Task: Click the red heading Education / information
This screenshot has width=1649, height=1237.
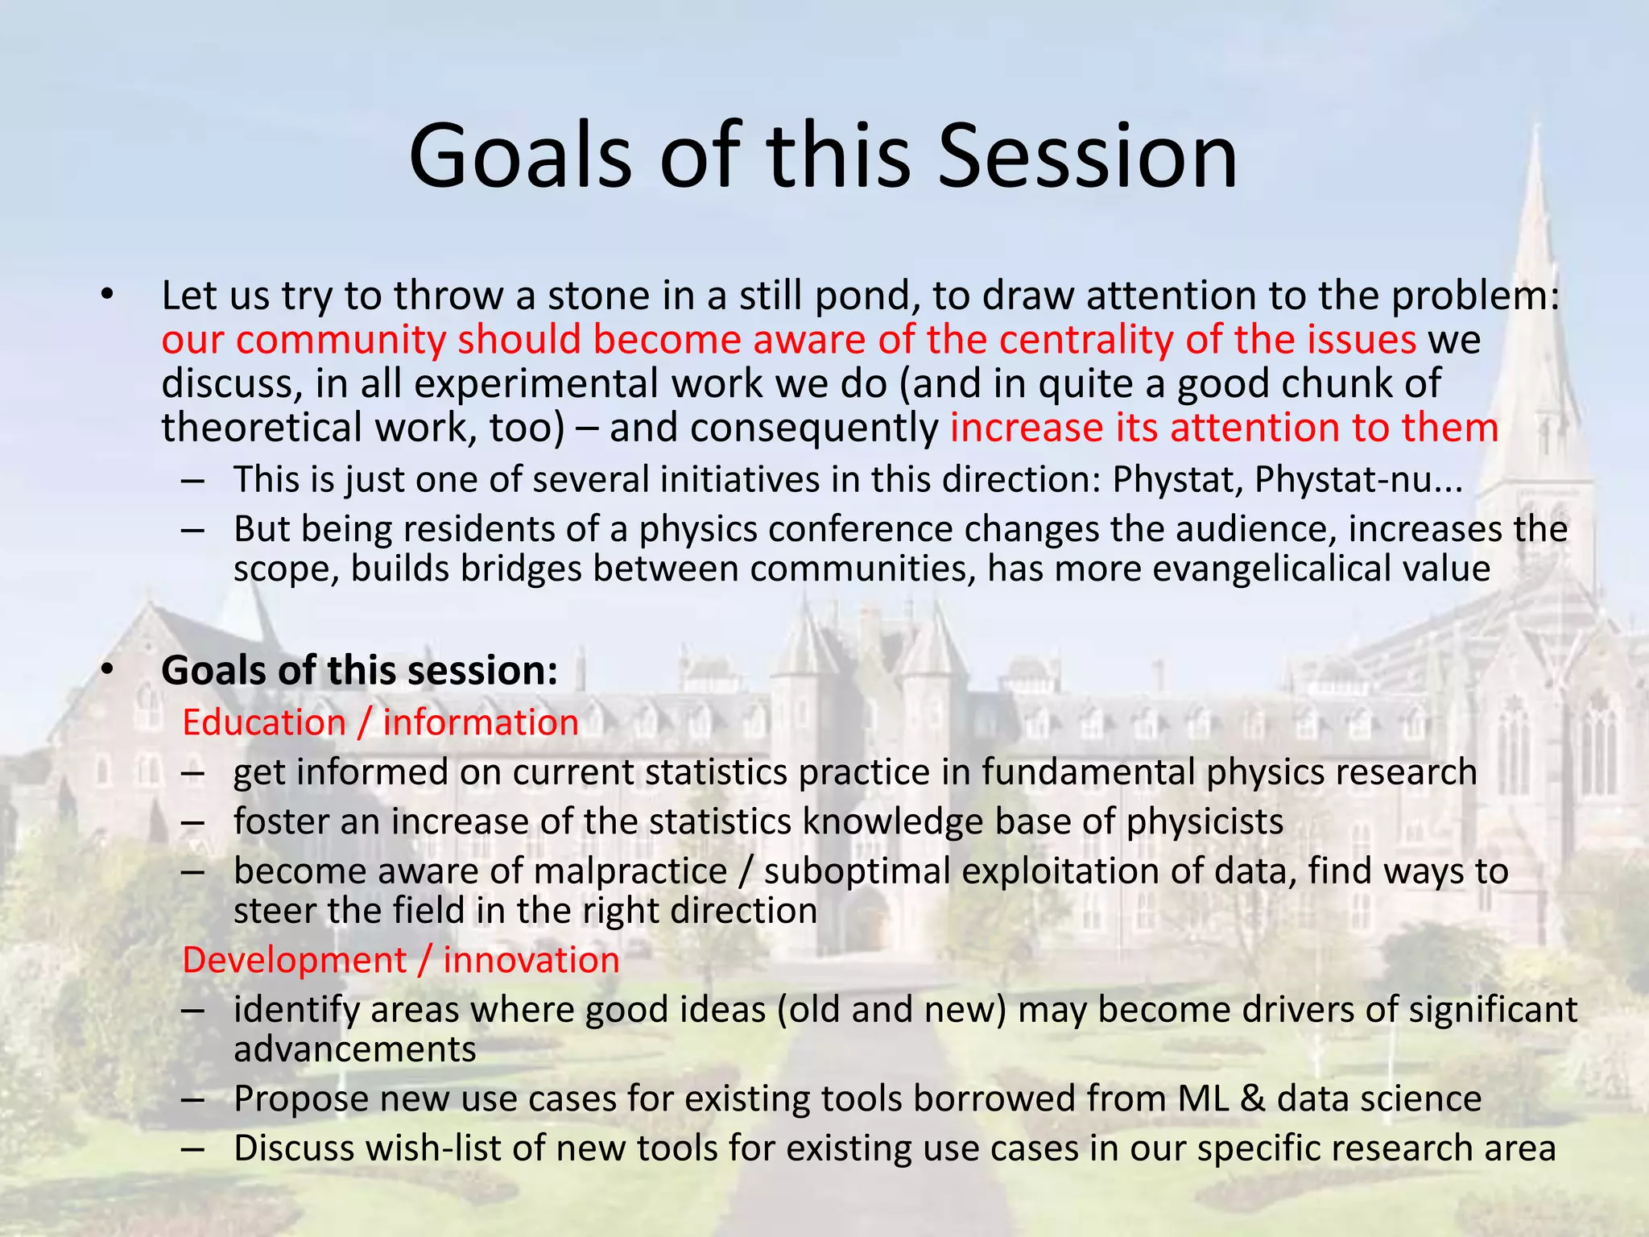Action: [x=380, y=722]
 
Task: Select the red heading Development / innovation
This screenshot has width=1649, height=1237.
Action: [x=400, y=960]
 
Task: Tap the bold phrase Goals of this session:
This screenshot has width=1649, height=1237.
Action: [x=359, y=670]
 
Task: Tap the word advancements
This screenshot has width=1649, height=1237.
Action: [x=354, y=1049]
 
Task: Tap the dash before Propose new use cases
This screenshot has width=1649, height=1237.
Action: [x=193, y=1099]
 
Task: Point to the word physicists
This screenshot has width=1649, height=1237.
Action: [x=1205, y=822]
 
